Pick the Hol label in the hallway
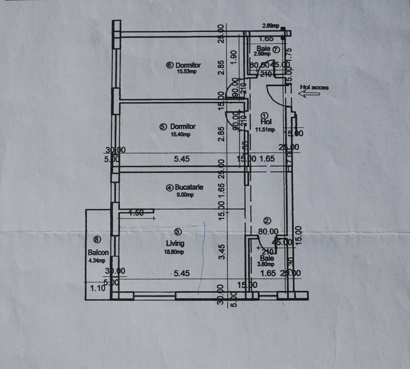coord(266,122)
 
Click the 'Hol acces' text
coord(314,87)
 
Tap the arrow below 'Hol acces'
coord(309,94)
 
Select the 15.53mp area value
coord(187,71)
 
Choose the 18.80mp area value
coord(175,252)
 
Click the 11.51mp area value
coord(265,130)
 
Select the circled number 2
coord(267,221)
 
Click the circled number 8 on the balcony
coord(96,239)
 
